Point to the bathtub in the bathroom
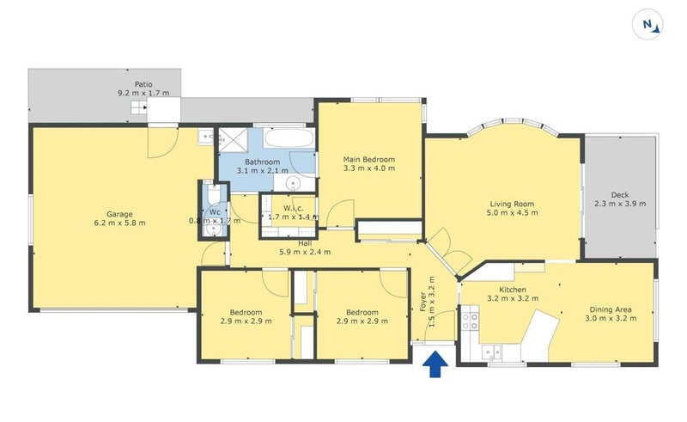(289, 139)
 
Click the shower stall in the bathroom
(231, 140)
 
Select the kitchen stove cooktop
(471, 321)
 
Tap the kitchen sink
(492, 351)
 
